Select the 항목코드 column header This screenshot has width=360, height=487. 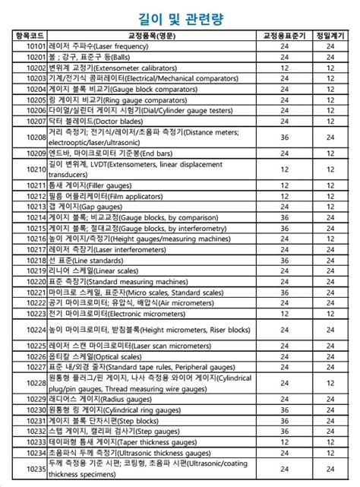[x=30, y=36]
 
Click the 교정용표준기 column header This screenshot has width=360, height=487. [x=284, y=36]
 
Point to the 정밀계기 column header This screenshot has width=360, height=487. [x=330, y=36]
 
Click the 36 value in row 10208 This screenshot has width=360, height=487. [x=284, y=137]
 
